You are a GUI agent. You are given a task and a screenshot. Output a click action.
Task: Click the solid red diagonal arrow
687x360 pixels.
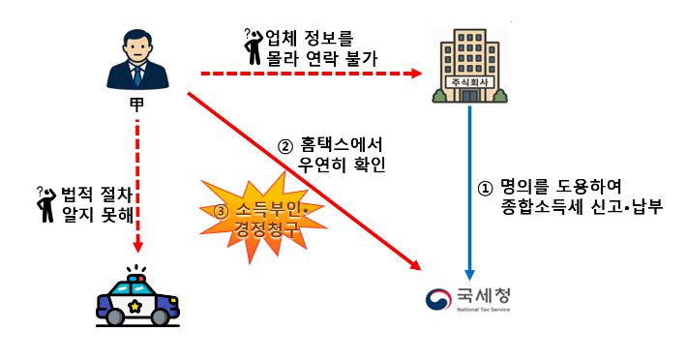(x=300, y=174)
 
